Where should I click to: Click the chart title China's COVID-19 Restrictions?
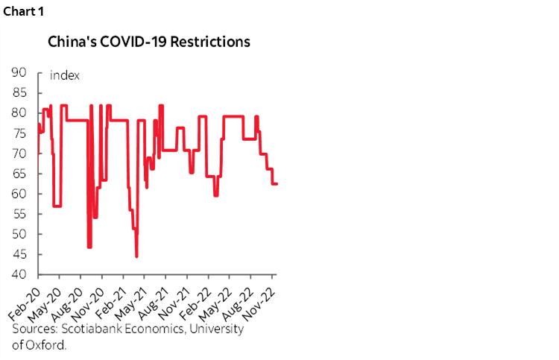pos(149,42)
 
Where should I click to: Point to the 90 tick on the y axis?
pos(18,73)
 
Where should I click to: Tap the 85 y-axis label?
pos(18,93)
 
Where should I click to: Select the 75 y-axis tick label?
pos(18,133)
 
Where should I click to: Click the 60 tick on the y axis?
pos(18,194)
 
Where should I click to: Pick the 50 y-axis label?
pos(18,234)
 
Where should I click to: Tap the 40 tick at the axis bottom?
pos(18,274)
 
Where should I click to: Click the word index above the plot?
pos(65,75)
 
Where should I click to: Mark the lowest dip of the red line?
pos(136,256)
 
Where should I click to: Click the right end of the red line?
pos(277,184)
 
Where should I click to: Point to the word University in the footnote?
pos(217,329)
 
